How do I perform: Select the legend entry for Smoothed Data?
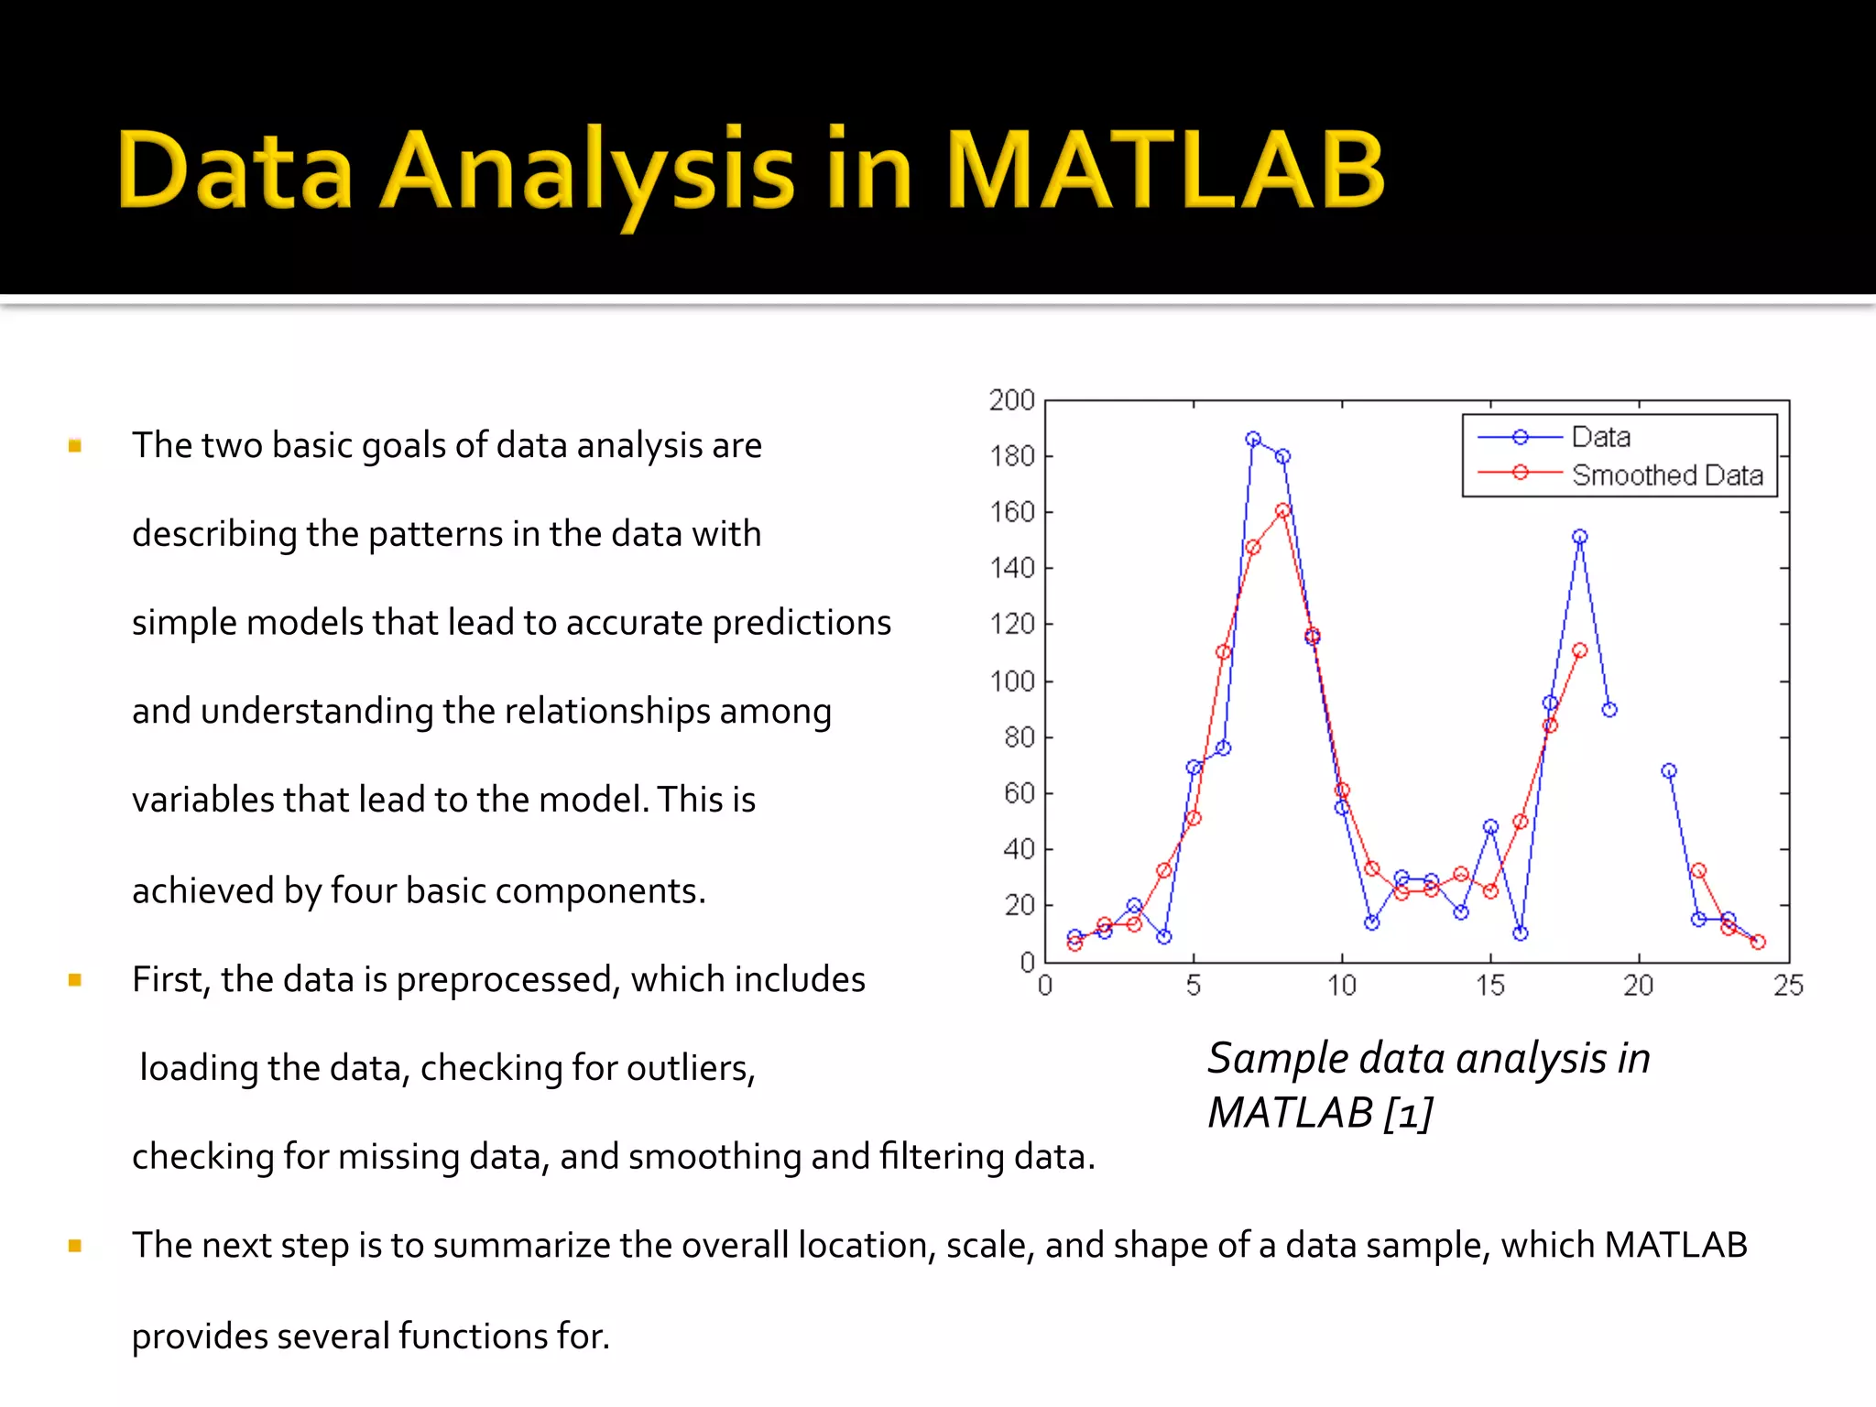1666,475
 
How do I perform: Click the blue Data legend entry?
1600,437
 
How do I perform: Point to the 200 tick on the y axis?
1011,400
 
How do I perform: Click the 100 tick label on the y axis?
1011,682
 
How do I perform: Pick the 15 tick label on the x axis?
1489,987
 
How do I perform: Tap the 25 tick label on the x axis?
1787,987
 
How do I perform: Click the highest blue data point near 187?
1253,439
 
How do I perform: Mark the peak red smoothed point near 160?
1282,510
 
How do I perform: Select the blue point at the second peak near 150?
1579,537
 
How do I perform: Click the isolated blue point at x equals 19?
1609,710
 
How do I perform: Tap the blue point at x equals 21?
1669,771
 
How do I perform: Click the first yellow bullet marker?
75,446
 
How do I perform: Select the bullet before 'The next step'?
75,1246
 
